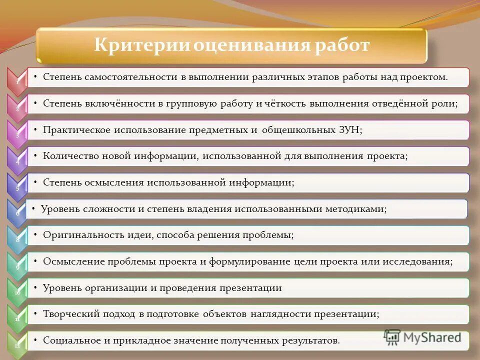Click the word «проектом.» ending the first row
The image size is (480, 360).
(424, 77)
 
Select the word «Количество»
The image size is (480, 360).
(70, 156)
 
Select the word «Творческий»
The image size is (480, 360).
(70, 314)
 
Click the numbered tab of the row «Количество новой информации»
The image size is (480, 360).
(17, 160)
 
